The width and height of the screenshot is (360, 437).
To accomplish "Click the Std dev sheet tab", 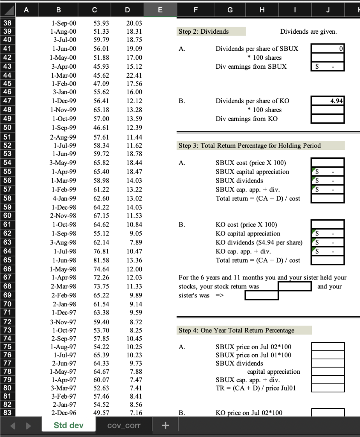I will pyautogui.click(x=69, y=425).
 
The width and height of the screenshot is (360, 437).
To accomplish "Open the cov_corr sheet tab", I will pyautogui.click(x=124, y=425).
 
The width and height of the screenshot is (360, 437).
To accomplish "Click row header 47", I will pyautogui.click(x=8, y=101).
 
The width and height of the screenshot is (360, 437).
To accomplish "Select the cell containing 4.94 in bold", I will pyautogui.click(x=328, y=101).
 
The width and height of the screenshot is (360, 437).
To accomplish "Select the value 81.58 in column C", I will pyautogui.click(x=101, y=260).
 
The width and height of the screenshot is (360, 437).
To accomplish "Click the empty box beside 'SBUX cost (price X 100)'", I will pyautogui.click(x=328, y=163).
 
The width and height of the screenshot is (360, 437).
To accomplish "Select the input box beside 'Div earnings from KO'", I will pyautogui.click(x=328, y=119).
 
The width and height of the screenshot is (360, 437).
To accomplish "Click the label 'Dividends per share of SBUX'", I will pyautogui.click(x=257, y=49).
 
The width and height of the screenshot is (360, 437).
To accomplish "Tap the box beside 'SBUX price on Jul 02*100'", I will pyautogui.click(x=328, y=347).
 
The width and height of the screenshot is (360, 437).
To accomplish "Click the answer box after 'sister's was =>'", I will pyautogui.click(x=261, y=295).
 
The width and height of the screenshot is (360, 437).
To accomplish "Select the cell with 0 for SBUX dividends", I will pyautogui.click(x=328, y=49).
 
